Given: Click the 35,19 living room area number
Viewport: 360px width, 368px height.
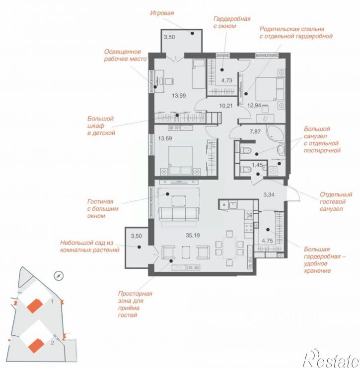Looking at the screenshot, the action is pyautogui.click(x=193, y=235).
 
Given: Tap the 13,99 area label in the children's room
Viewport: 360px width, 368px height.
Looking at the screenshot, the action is pyautogui.click(x=179, y=96).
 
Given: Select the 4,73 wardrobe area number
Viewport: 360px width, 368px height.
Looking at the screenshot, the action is pyautogui.click(x=226, y=80).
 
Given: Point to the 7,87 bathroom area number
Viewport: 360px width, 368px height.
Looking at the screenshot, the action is pyautogui.click(x=255, y=131).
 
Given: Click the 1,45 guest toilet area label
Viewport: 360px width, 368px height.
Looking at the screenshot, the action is pyautogui.click(x=257, y=165).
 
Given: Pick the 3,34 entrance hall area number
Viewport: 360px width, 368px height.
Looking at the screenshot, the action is pyautogui.click(x=269, y=194).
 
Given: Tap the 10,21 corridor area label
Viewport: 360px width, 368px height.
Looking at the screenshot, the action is pyautogui.click(x=226, y=106).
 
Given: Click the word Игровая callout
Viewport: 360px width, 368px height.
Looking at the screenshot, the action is pyautogui.click(x=162, y=13).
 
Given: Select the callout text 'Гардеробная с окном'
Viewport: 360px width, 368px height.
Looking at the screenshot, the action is pyautogui.click(x=232, y=22).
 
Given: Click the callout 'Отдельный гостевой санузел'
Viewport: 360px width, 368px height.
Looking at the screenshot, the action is pyautogui.click(x=336, y=201).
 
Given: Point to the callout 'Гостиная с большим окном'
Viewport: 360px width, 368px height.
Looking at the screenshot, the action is pyautogui.click(x=103, y=208).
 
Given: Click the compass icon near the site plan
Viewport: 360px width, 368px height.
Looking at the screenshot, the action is pyautogui.click(x=59, y=276).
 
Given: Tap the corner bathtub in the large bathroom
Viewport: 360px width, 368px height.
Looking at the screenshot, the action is pyautogui.click(x=275, y=133).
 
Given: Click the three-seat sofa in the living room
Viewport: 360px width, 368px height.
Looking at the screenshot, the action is pyautogui.click(x=179, y=214).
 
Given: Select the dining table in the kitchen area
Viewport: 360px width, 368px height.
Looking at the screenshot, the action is pyautogui.click(x=229, y=248).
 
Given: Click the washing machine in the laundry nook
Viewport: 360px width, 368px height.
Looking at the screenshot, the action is pyautogui.click(x=273, y=171).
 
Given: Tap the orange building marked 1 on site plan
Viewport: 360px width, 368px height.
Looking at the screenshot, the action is pyautogui.click(x=35, y=306).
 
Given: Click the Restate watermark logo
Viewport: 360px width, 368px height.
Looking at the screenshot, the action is pyautogui.click(x=331, y=359).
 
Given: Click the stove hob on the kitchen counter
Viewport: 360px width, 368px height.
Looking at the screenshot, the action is pyautogui.click(x=249, y=227).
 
